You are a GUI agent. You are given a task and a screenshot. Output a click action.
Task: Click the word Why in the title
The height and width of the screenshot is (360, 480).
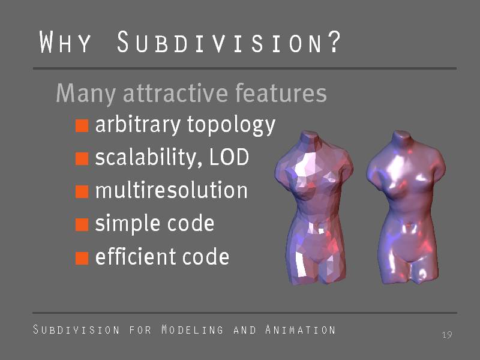coord(65,41)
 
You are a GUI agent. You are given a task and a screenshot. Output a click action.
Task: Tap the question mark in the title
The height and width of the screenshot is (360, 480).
coord(335,41)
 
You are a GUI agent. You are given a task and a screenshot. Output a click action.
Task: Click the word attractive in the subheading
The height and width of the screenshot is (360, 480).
coord(175,93)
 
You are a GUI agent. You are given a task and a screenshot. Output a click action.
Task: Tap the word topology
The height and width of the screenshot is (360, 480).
coord(231,125)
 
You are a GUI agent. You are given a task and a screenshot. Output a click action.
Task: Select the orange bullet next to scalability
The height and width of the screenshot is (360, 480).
coord(82,158)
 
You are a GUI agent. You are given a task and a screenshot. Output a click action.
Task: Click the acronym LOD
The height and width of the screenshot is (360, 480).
coord(229,157)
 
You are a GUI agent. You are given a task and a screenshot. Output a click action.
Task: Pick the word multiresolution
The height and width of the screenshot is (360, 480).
coord(172,190)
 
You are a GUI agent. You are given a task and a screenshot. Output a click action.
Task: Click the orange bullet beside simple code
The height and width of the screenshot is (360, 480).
coord(82,224)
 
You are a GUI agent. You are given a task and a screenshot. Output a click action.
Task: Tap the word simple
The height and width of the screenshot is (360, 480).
coord(128,224)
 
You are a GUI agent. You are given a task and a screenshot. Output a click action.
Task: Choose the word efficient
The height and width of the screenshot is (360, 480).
coord(136,256)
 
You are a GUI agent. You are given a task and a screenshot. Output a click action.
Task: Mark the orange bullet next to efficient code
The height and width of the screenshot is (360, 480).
coord(82,258)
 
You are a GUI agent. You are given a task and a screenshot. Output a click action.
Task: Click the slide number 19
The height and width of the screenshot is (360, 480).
coord(447,335)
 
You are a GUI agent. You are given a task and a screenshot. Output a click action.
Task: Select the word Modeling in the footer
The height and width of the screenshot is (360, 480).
coord(193,329)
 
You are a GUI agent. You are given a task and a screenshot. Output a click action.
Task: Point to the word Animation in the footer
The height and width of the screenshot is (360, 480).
coord(301,329)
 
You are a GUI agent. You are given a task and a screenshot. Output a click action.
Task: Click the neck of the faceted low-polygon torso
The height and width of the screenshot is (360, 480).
coord(310,137)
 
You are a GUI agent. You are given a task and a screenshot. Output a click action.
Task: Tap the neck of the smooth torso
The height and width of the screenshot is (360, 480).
coord(401,137)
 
